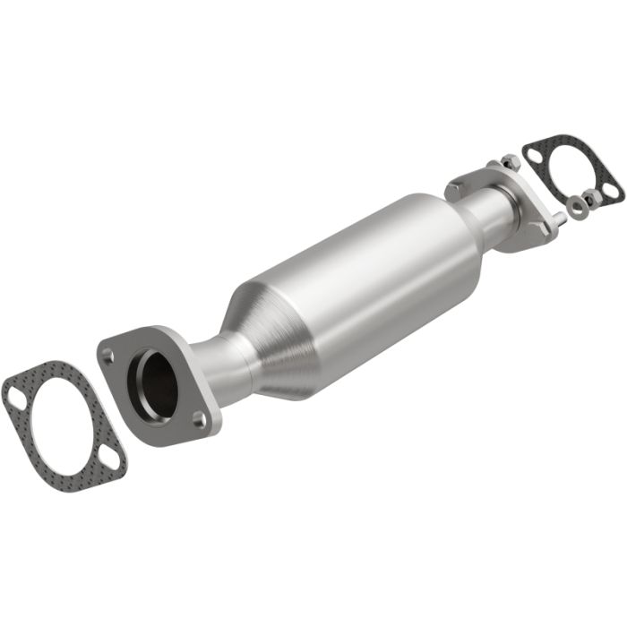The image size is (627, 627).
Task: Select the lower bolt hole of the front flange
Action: point(199,417)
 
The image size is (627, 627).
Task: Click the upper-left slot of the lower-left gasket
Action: point(15,396)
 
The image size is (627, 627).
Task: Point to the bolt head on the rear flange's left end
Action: point(454,189)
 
